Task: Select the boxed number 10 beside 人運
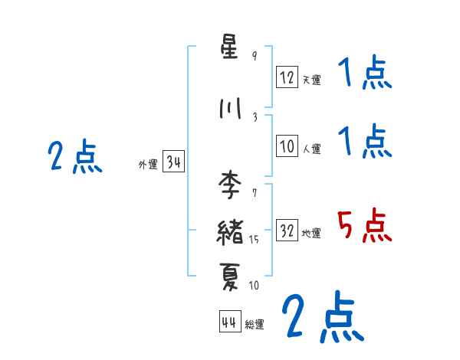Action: [287, 147]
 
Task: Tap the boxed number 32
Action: [287, 231]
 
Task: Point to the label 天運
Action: [311, 80]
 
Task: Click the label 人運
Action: [311, 149]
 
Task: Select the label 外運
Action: [147, 164]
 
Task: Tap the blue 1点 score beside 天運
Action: [365, 74]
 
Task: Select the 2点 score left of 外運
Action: [74, 157]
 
